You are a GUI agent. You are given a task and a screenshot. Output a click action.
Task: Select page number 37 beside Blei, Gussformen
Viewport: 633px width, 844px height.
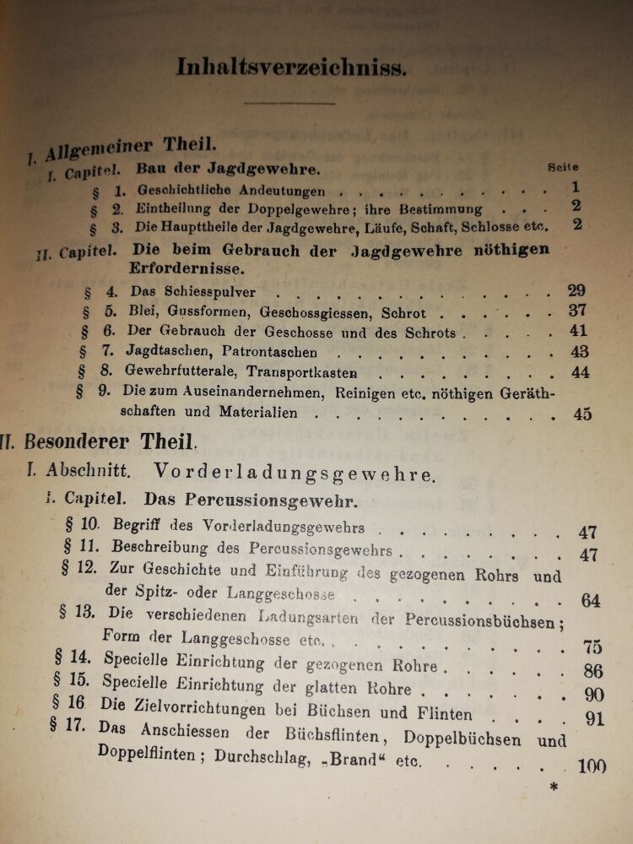(x=577, y=311)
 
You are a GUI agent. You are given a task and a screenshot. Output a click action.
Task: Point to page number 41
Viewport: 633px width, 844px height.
(x=578, y=332)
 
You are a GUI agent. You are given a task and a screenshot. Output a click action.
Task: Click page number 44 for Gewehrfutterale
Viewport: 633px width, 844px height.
(x=580, y=372)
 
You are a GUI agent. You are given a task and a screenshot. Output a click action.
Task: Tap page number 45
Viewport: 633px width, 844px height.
(x=582, y=414)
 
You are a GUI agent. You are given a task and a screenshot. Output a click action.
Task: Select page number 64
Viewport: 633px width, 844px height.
(x=590, y=601)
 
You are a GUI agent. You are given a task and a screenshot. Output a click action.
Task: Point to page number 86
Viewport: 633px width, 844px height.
(x=593, y=672)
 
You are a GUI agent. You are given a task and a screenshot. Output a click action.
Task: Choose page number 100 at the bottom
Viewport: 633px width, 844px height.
(x=594, y=766)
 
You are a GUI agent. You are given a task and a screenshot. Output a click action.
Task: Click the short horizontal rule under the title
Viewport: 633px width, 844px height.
(x=289, y=102)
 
